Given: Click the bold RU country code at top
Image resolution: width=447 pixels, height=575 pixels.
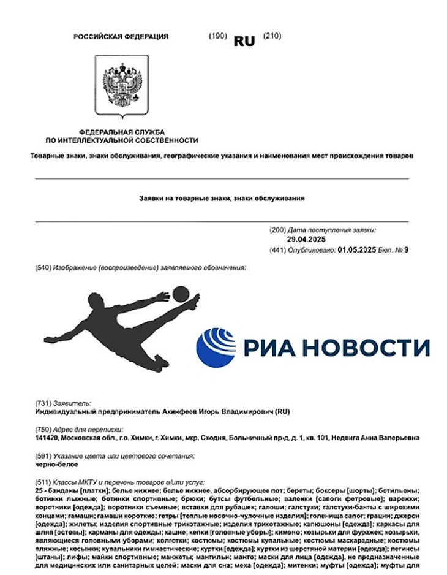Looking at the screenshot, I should (244, 41).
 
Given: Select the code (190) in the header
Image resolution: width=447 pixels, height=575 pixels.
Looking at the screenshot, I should (217, 36).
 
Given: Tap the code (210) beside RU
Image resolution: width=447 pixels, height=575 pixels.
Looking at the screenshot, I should (272, 36).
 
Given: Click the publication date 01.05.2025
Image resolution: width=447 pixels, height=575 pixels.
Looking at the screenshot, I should (358, 250).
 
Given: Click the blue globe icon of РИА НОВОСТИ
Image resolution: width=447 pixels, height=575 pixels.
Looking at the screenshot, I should (216, 347).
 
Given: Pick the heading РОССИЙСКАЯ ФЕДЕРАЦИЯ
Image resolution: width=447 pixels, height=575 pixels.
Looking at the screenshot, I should (121, 37).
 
